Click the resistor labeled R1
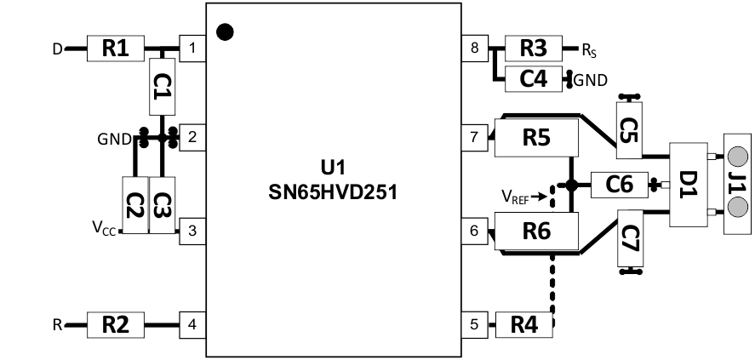coord(117,49)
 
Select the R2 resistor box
coord(117,323)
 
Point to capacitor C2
coord(134,204)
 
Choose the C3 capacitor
coord(161,204)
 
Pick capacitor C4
coord(532,79)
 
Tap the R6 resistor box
coord(535,230)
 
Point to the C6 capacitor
coord(617,183)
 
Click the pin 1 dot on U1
coord(226,32)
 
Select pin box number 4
coord(193,323)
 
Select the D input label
coord(57,49)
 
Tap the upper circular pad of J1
coord(737,157)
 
